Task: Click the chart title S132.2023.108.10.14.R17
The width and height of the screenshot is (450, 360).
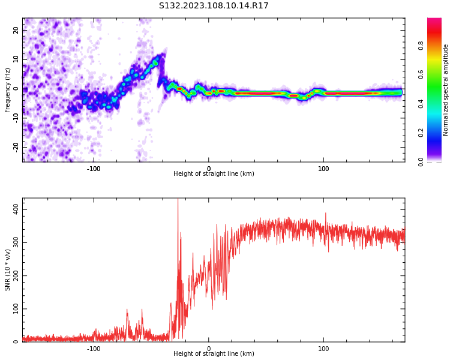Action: [214, 6]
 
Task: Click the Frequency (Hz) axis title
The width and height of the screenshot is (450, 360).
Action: [8, 90]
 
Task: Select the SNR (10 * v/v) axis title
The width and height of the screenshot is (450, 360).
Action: [8, 270]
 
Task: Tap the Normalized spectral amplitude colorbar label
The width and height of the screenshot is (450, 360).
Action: [446, 90]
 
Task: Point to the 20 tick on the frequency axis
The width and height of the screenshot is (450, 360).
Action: [16, 30]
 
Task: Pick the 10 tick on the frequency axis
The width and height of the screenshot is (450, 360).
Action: [16, 59]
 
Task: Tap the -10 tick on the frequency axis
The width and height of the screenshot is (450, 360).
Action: [15, 118]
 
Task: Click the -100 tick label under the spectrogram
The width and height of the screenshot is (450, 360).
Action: [94, 169]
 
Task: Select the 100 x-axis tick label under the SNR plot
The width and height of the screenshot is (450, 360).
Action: [323, 349]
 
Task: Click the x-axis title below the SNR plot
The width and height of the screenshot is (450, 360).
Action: [214, 354]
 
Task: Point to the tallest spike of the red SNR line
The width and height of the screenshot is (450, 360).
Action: [178, 200]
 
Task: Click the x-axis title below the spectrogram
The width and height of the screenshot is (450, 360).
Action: [214, 174]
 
